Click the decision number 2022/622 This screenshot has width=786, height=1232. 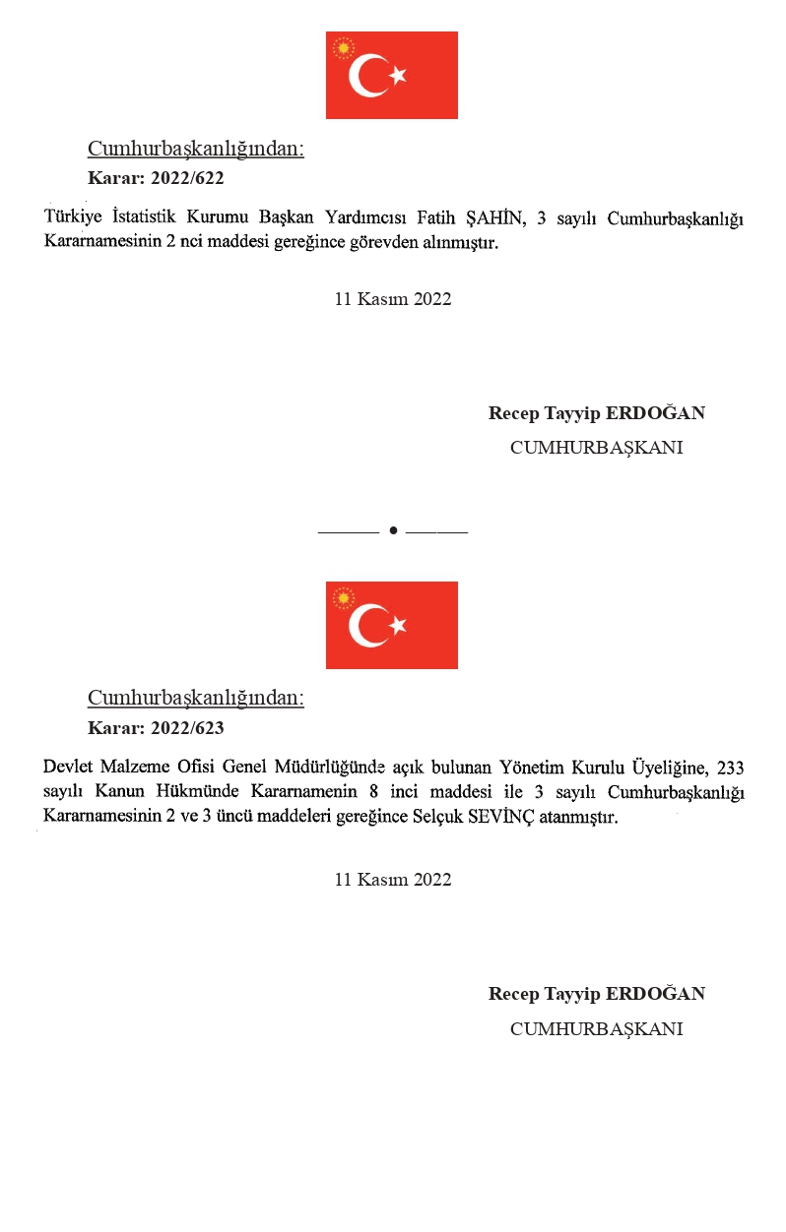pyautogui.click(x=187, y=178)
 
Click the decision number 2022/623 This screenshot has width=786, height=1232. pyautogui.click(x=187, y=728)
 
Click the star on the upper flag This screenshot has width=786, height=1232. pyautogui.click(x=397, y=75)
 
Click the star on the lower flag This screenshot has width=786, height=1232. pyautogui.click(x=397, y=625)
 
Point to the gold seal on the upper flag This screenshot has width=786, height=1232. pyautogui.click(x=344, y=47)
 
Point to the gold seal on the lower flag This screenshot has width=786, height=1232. pyautogui.click(x=344, y=597)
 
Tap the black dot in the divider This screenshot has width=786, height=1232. pyautogui.click(x=393, y=530)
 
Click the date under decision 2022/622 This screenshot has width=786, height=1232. pyautogui.click(x=393, y=299)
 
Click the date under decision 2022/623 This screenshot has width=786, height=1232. pyautogui.click(x=393, y=880)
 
